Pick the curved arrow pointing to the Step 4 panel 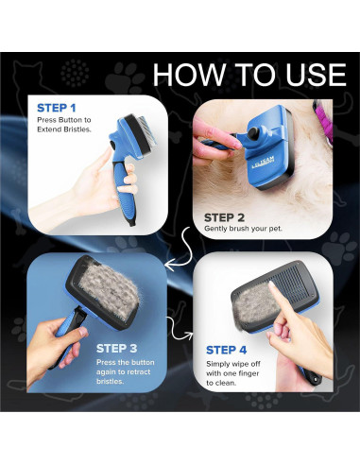(x=175, y=326)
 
